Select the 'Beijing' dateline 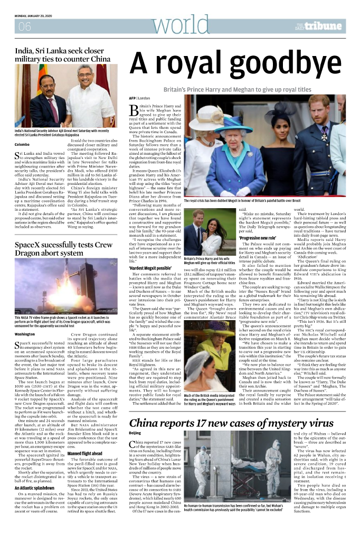[135, 433]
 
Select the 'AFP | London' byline [139, 98]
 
